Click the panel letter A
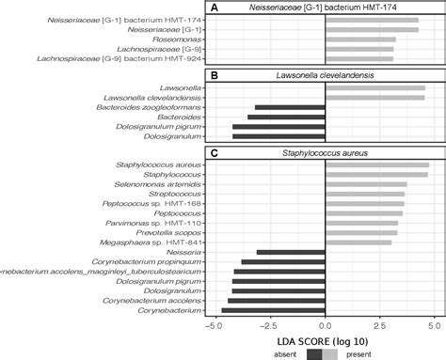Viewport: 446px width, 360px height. click(215, 8)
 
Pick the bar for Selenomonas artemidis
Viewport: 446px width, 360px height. click(365, 184)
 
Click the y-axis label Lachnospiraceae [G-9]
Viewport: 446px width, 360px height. click(170, 49)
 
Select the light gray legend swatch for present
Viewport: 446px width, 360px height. click(329, 354)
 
